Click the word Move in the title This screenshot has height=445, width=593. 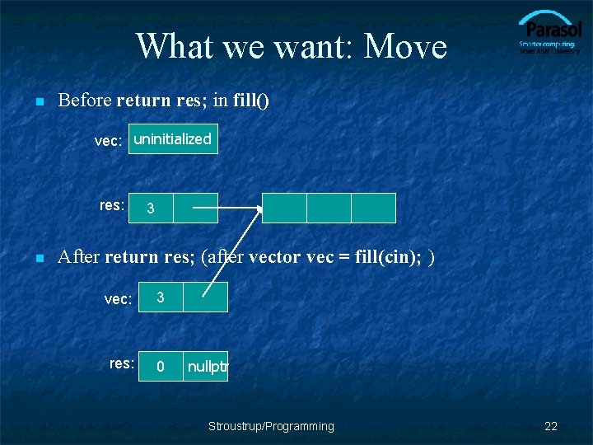coord(405,46)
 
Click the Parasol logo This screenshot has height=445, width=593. coord(549,33)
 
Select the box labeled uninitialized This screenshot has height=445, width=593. coord(173,139)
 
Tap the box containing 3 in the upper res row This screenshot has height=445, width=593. coord(151,208)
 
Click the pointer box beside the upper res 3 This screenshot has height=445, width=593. coord(196,208)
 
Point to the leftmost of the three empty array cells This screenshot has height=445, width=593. coord(284,208)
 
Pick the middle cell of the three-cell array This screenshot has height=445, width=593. coord(329,208)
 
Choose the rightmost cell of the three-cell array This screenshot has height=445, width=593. coord(373,208)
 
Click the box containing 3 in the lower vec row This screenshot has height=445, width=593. coord(161,297)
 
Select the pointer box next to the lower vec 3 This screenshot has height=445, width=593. coord(205,297)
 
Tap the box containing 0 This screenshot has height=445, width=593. coord(161,366)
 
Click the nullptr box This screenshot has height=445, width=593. coord(206,366)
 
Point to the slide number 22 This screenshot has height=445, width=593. coord(551,426)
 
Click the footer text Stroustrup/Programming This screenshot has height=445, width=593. coord(271,426)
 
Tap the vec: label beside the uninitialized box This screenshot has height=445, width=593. coord(108,141)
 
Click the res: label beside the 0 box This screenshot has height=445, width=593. coord(122,363)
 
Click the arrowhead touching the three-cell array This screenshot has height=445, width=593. coord(260,209)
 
